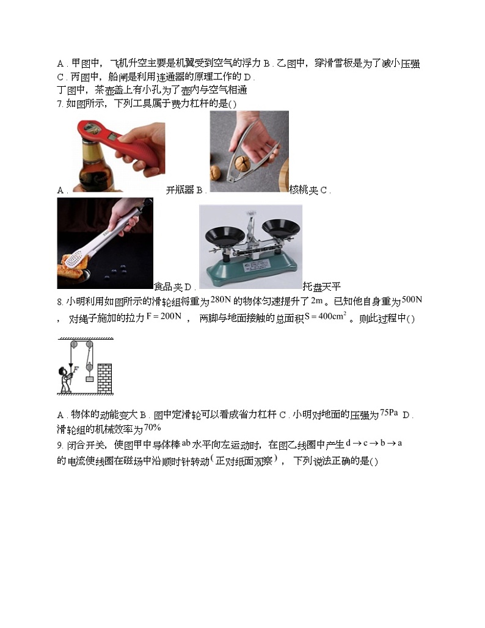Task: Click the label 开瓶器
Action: pyautogui.click(x=180, y=190)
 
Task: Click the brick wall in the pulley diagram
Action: pyautogui.click(x=104, y=379)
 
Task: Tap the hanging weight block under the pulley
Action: pyautogui.click(x=89, y=381)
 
